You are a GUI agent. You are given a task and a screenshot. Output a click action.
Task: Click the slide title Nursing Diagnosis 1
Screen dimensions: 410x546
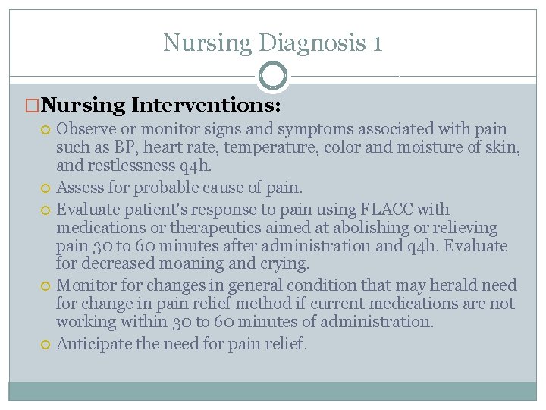click(273, 43)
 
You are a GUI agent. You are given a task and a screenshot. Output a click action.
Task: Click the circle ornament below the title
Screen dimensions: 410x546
click(273, 76)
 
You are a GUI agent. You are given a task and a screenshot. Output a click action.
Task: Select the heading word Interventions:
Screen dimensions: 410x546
click(206, 104)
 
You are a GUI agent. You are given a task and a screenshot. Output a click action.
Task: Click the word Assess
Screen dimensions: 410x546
click(80, 187)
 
